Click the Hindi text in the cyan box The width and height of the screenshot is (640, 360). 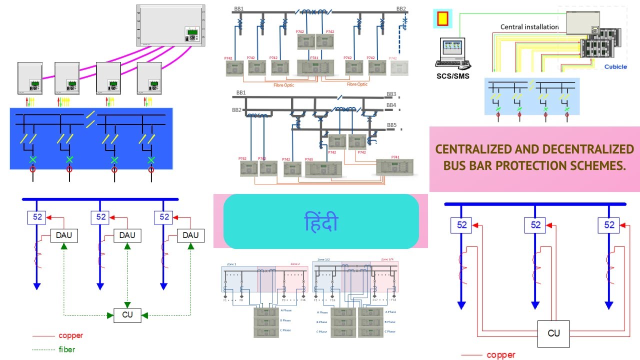(321, 222)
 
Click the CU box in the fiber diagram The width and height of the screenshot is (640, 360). (127, 315)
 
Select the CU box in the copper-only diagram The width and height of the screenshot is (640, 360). (553, 333)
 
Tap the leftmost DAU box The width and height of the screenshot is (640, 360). (64, 235)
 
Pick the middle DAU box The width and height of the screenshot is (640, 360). (127, 235)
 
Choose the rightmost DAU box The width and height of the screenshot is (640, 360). (190, 235)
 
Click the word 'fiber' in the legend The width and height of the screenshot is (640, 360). (66, 349)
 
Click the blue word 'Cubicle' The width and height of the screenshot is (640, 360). (615, 66)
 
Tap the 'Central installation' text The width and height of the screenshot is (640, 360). (529, 26)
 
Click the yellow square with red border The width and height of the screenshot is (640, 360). (442, 18)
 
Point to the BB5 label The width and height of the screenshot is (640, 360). (391, 125)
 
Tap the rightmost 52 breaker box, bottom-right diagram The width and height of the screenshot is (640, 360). (609, 225)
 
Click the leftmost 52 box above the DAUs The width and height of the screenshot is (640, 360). (37, 217)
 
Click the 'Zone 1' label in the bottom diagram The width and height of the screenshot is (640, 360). (231, 263)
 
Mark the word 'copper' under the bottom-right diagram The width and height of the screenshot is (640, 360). (500, 355)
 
